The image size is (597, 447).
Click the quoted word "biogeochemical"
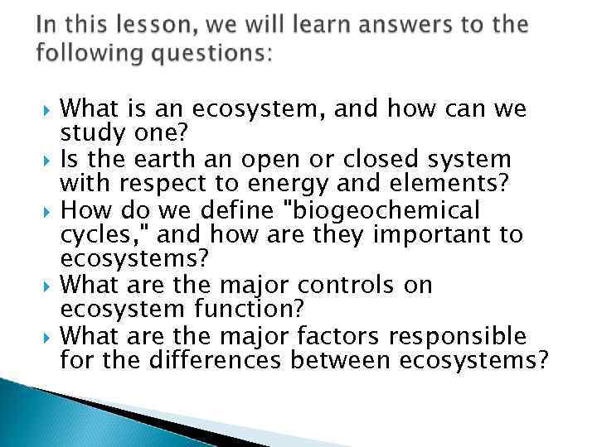pyautogui.click(x=386, y=211)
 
